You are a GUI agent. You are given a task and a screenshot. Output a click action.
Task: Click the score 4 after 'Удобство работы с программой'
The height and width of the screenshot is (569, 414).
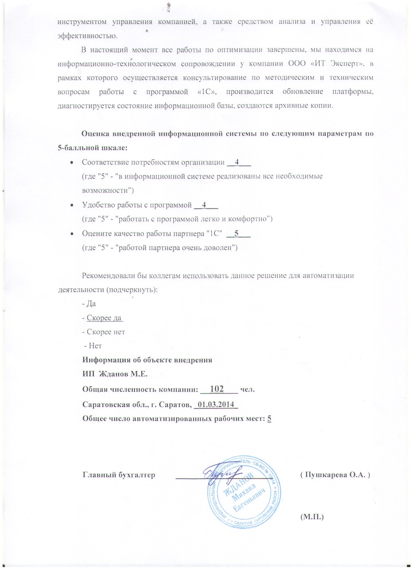pyautogui.click(x=204, y=205)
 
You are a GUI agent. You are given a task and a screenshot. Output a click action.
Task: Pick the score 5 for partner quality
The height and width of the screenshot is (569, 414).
pyautogui.click(x=237, y=233)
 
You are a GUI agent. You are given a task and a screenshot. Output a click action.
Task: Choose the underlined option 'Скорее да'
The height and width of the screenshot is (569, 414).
pyautogui.click(x=104, y=318)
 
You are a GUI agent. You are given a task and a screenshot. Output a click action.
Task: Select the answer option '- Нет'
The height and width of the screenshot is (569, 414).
pyautogui.click(x=93, y=346)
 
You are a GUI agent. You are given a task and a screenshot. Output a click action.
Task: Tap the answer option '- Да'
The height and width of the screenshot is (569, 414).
pyautogui.click(x=89, y=304)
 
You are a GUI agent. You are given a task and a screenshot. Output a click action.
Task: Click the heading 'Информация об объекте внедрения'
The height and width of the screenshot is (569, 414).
pyautogui.click(x=147, y=360)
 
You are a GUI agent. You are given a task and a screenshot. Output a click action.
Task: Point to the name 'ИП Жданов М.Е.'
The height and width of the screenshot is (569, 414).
pyautogui.click(x=115, y=374)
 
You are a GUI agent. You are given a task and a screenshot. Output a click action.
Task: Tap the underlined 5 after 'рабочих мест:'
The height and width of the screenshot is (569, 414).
pyautogui.click(x=269, y=419)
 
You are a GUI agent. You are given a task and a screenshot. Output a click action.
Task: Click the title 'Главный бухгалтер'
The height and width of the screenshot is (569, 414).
pyautogui.click(x=119, y=475)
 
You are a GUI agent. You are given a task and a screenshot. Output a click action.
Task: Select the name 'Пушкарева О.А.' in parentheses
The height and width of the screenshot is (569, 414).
pyautogui.click(x=335, y=475)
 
